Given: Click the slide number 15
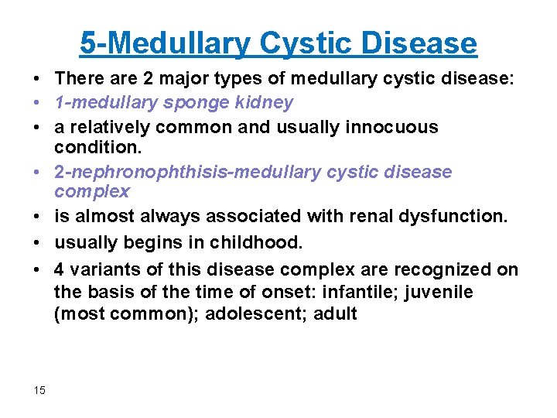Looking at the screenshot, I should coord(40,390).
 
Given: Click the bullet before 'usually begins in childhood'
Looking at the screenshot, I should coord(37,243).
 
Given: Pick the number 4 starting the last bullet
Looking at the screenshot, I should coord(60,269).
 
